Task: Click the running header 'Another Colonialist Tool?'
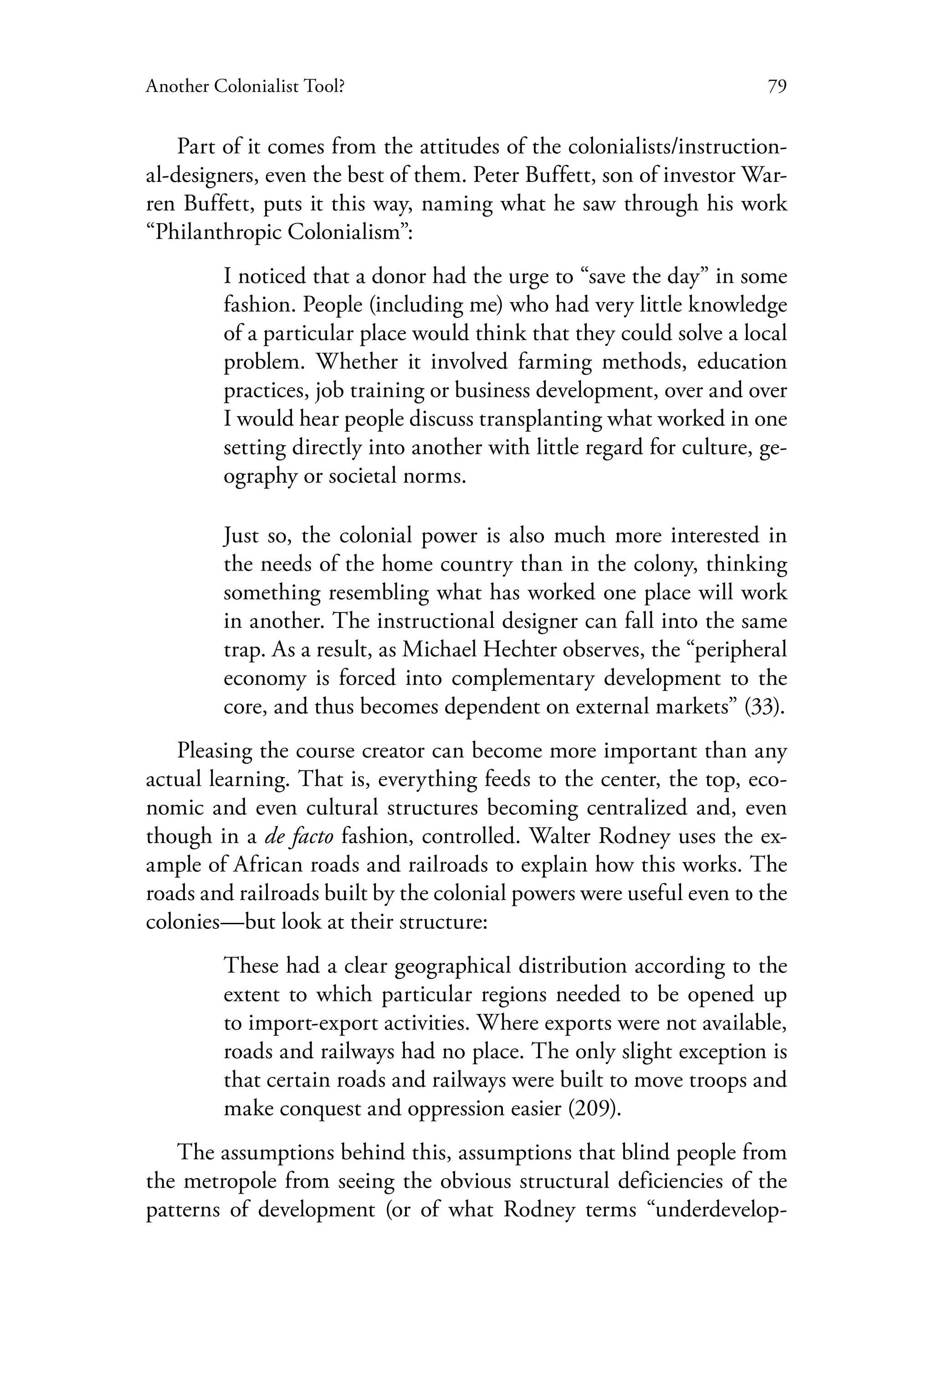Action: tap(245, 87)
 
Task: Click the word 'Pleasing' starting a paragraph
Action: tap(214, 751)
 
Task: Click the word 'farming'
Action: tap(555, 362)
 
